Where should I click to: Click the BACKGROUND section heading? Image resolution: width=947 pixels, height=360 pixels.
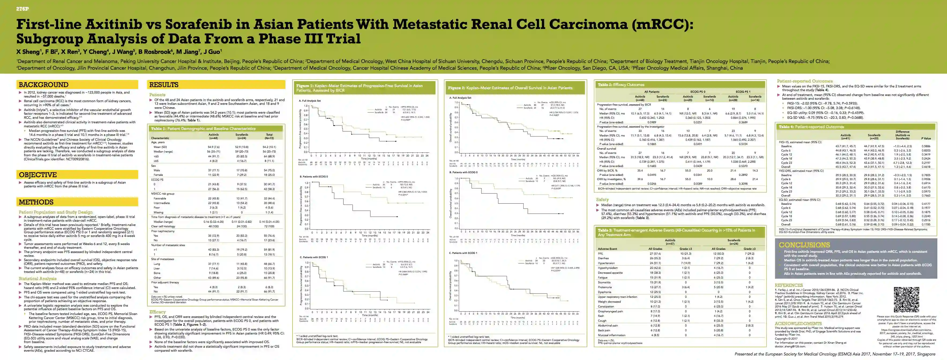click(43, 85)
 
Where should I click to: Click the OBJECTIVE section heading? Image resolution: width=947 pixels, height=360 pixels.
click(38, 175)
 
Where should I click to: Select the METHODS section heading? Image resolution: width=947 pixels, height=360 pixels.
click(36, 202)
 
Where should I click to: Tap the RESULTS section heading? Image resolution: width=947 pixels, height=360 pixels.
click(164, 85)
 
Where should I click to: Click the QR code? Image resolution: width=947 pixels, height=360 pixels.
click(906, 299)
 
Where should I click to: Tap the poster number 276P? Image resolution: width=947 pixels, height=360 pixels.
click(23, 9)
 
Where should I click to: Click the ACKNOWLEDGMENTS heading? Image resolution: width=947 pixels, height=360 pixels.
click(797, 324)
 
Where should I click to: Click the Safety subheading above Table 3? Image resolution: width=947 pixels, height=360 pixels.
click(602, 200)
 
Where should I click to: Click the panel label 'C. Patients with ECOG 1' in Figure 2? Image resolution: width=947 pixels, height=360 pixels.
click(463, 253)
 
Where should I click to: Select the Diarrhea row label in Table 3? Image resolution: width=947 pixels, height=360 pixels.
click(603, 258)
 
